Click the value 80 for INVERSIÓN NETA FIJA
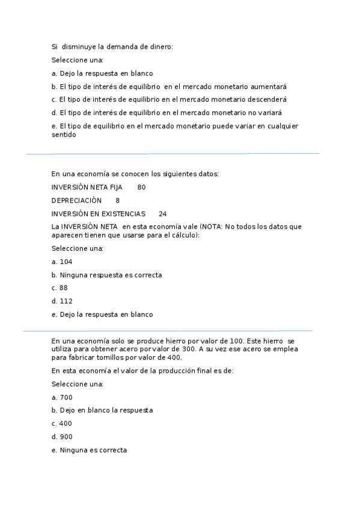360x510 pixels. [141, 187]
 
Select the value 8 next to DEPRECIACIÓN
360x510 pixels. [117, 200]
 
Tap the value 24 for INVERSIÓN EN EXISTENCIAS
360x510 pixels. [162, 214]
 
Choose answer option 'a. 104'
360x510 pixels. [62, 262]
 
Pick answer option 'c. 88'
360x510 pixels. [59, 288]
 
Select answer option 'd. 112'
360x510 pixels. [62, 301]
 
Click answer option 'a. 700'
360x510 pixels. [62, 397]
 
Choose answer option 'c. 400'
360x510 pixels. [62, 423]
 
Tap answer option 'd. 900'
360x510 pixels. [62, 437]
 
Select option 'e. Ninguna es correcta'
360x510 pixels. [89, 450]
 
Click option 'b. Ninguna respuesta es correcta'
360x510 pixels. [107, 275]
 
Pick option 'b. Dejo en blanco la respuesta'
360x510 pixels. [102, 410]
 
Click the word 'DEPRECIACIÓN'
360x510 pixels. [76, 200]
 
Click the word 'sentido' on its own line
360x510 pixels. [64, 135]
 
